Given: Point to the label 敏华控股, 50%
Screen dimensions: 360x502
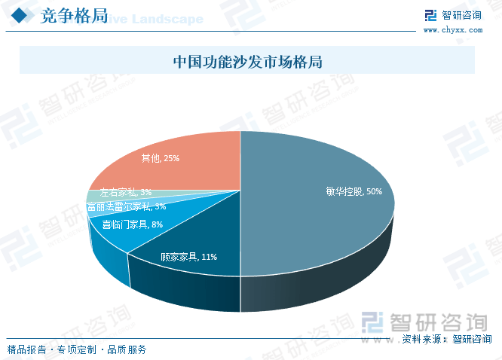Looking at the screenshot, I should click(x=354, y=191).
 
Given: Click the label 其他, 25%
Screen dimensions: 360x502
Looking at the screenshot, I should click(x=160, y=158).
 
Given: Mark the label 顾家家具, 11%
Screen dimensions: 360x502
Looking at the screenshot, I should click(x=188, y=257).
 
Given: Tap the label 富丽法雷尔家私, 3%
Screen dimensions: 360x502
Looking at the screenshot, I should click(x=126, y=206).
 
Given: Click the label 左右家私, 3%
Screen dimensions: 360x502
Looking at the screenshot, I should click(x=126, y=193).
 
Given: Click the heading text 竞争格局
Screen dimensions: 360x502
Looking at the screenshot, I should click(x=72, y=17).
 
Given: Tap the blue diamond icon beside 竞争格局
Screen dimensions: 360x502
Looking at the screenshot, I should click(x=23, y=17).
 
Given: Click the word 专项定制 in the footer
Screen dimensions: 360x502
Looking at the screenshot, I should click(x=77, y=349).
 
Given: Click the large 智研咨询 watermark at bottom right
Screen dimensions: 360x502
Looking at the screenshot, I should click(x=422, y=321).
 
